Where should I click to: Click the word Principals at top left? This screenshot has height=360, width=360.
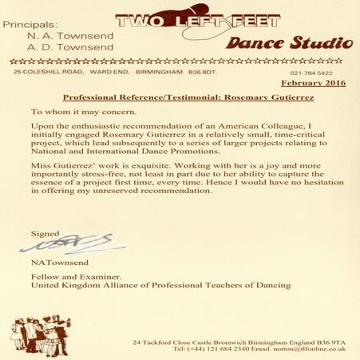coord(30,26)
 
